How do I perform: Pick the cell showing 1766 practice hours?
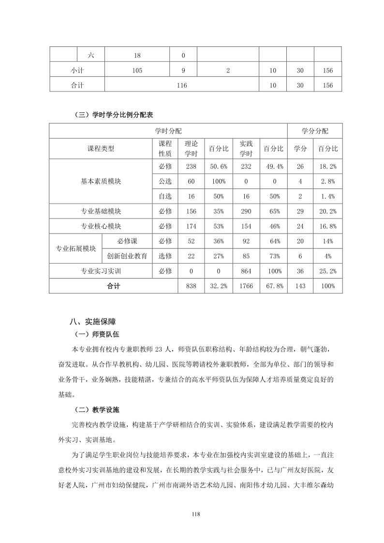(x=246, y=286)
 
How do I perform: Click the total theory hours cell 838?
(x=191, y=286)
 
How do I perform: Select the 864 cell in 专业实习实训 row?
(x=246, y=271)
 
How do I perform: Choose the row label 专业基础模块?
(x=101, y=211)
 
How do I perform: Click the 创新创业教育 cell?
(x=127, y=256)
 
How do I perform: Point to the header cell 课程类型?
(x=101, y=148)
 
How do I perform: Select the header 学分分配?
(x=315, y=131)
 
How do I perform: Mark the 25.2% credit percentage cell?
(x=328, y=271)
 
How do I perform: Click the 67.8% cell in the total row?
(x=273, y=286)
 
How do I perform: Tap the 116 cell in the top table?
(x=182, y=85)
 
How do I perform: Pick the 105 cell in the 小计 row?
(x=137, y=71)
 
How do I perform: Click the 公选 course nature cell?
(x=165, y=181)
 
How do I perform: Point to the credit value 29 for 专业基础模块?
(x=300, y=211)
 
